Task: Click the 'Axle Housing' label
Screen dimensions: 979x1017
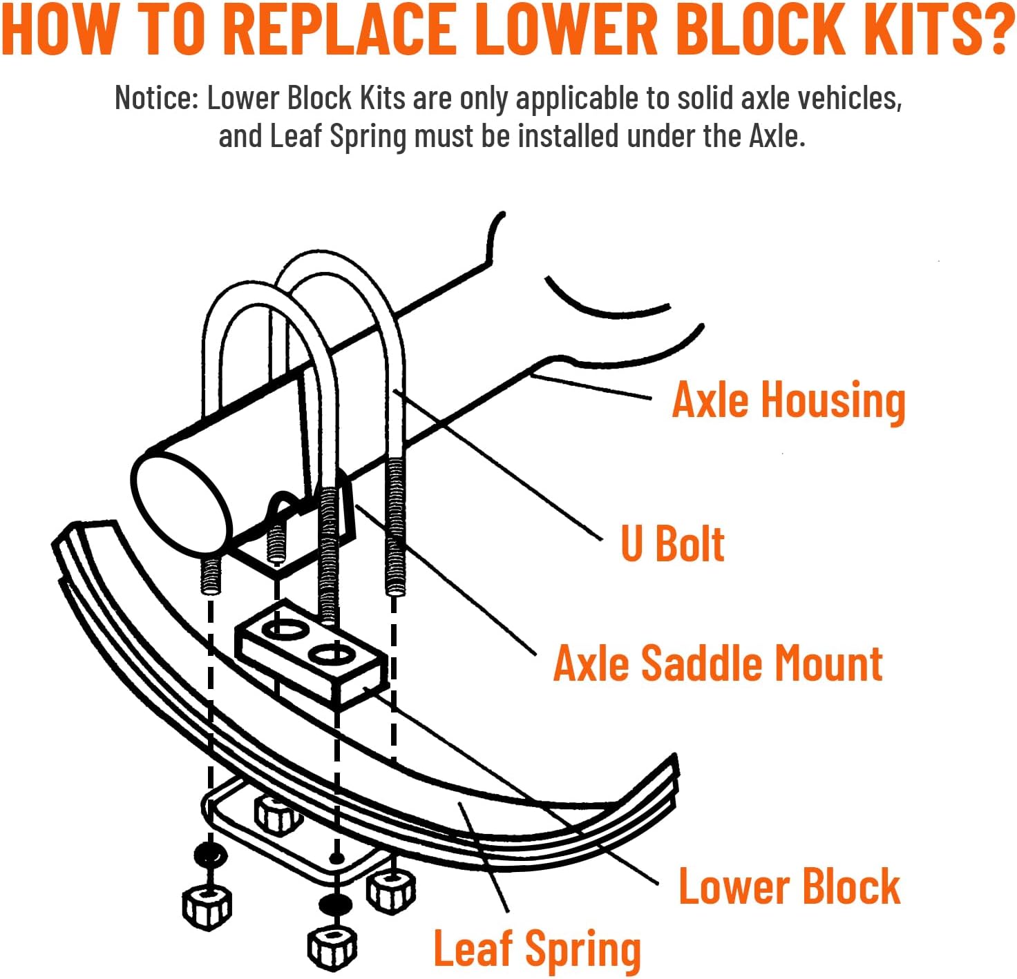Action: [788, 401]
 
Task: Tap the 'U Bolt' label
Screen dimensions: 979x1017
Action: [672, 544]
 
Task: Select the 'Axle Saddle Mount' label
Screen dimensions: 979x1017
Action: [718, 663]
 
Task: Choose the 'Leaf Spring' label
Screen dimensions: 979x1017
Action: [537, 949]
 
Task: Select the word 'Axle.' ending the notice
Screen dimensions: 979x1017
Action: [777, 135]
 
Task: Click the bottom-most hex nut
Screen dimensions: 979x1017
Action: [332, 947]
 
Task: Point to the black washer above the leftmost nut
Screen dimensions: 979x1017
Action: [210, 857]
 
